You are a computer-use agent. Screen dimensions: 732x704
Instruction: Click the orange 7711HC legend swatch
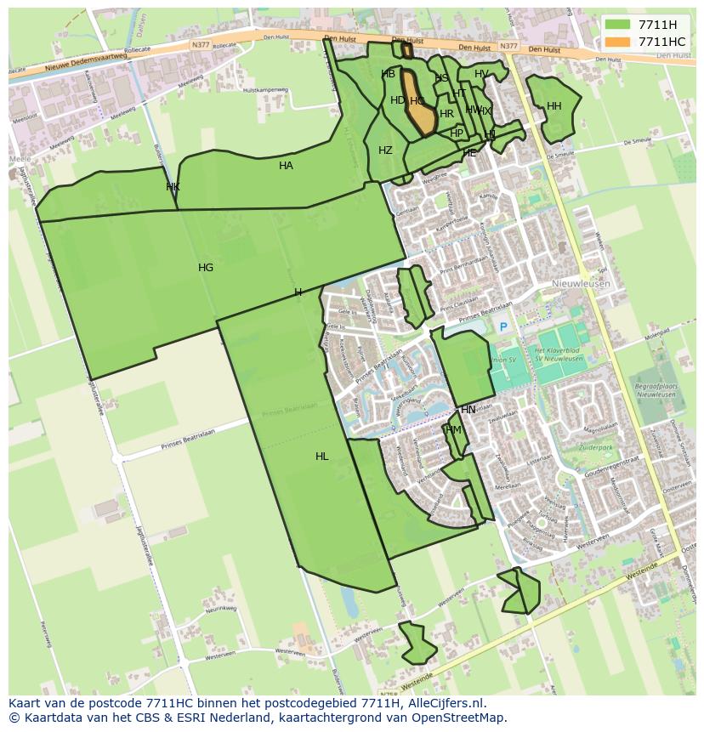[x=618, y=42]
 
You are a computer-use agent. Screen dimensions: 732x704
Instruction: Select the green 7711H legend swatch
[x=618, y=25]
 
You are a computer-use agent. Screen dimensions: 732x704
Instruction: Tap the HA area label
[x=286, y=166]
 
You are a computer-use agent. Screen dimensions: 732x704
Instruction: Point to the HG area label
[x=206, y=268]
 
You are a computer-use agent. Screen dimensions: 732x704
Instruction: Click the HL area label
[x=321, y=457]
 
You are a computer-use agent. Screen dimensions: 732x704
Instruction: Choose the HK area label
[x=173, y=187]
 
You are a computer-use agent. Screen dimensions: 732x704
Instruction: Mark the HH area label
[x=554, y=106]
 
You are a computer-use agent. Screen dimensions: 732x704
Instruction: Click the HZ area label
[x=385, y=150]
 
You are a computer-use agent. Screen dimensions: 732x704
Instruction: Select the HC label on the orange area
[x=417, y=101]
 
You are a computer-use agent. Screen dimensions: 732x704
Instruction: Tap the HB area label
[x=389, y=74]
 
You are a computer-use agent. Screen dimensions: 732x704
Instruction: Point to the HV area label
[x=481, y=74]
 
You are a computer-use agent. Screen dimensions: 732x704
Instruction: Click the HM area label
[x=453, y=430]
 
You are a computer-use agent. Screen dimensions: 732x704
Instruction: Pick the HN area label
[x=468, y=410]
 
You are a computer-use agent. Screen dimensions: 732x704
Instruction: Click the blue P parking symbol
[x=502, y=327]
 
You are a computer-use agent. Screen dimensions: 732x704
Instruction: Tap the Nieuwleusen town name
[x=581, y=284]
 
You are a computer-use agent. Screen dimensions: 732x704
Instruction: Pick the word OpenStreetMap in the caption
[x=460, y=718]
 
